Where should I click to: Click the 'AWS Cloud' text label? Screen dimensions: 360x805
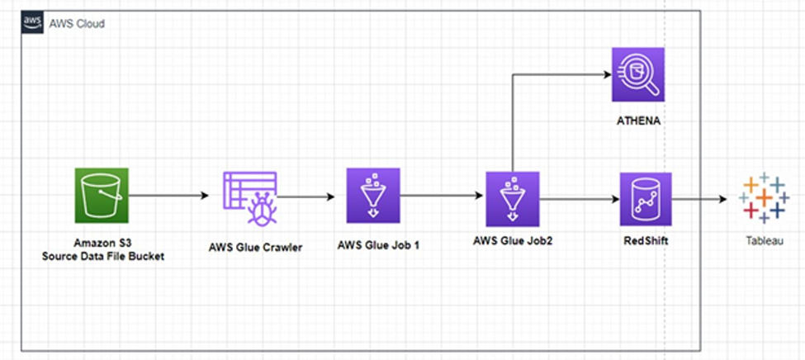tap(78, 22)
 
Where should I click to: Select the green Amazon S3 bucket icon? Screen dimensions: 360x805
tap(102, 196)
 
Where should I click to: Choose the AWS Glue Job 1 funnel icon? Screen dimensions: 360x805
tap(373, 196)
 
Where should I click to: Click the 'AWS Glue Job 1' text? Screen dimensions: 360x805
tap(373, 245)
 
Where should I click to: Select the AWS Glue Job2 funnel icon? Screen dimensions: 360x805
tap(512, 199)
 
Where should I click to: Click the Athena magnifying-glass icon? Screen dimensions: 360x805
tap(638, 74)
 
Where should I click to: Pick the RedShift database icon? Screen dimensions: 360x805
tap(646, 199)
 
